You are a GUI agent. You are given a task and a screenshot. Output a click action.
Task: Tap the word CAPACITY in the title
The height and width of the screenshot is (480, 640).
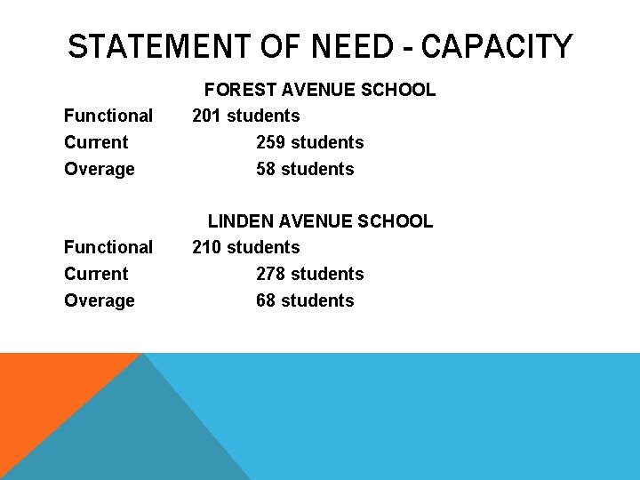(x=497, y=46)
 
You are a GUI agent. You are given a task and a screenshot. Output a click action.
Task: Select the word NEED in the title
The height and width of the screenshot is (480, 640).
(x=353, y=46)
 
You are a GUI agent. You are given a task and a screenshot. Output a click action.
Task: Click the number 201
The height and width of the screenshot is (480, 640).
(x=207, y=116)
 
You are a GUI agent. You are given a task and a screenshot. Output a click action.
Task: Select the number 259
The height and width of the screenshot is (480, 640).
(x=271, y=142)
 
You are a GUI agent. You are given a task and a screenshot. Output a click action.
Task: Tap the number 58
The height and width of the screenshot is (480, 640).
(x=266, y=169)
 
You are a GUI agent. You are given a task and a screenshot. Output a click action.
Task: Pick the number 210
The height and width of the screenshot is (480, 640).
(x=207, y=247)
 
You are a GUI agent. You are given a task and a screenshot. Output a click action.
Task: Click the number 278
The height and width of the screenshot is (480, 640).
(x=271, y=274)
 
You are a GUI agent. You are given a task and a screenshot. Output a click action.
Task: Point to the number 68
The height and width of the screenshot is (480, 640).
(x=266, y=300)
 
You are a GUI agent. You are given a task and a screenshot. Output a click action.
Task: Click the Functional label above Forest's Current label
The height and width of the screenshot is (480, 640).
(x=108, y=116)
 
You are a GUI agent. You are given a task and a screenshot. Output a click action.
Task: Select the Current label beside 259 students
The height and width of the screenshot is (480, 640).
(x=96, y=142)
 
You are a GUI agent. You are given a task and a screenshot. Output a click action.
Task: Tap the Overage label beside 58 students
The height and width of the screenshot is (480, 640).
(x=100, y=169)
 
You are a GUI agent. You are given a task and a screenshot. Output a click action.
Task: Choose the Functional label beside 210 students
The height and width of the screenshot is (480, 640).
(x=108, y=247)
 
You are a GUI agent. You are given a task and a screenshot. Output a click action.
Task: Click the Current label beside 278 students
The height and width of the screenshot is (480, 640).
(x=96, y=274)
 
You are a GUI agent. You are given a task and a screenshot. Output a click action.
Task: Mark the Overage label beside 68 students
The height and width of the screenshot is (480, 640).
(x=100, y=300)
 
